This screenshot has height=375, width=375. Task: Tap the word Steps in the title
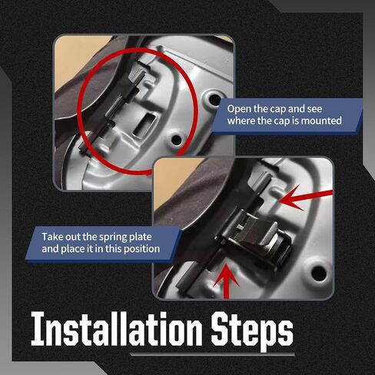click(252, 331)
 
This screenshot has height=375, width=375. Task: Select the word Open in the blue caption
click(239, 109)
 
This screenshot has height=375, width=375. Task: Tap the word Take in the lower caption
click(52, 237)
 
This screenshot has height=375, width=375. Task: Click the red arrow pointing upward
click(226, 281)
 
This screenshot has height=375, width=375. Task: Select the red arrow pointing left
click(306, 197)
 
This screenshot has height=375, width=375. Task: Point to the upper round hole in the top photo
click(214, 100)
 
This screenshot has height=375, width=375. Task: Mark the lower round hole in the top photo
click(176, 140)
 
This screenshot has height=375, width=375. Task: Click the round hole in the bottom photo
click(319, 273)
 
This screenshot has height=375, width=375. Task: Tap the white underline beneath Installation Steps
click(212, 354)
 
